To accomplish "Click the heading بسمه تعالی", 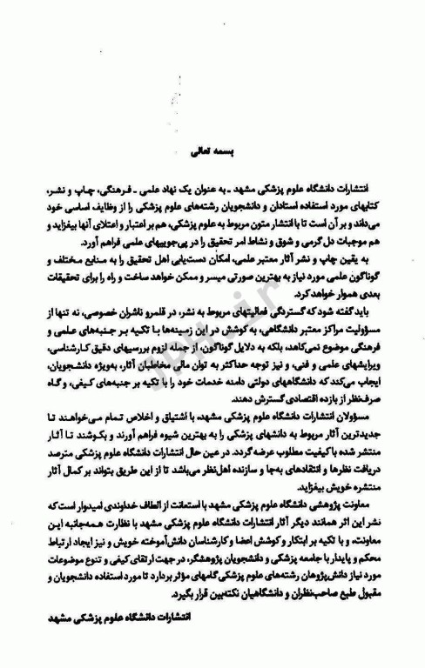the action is coord(212,150).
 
